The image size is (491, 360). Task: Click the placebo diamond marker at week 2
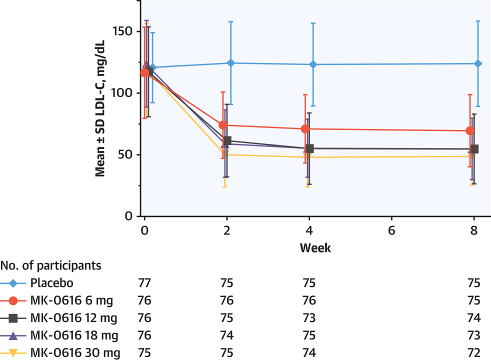coord(230,63)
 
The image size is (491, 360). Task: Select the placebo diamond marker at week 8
coord(478,63)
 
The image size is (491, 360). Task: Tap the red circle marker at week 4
coord(305,129)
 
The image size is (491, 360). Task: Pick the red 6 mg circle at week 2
coord(223,125)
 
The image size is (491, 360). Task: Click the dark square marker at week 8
coord(474,149)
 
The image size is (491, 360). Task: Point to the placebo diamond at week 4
coord(313,64)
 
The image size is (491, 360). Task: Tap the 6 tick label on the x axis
coord(391,231)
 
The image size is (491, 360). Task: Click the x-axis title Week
coord(315,248)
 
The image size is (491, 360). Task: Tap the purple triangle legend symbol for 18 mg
coord(14,335)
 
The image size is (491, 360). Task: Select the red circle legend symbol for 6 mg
coord(14,300)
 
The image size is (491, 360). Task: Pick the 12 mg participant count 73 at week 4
coord(309,318)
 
